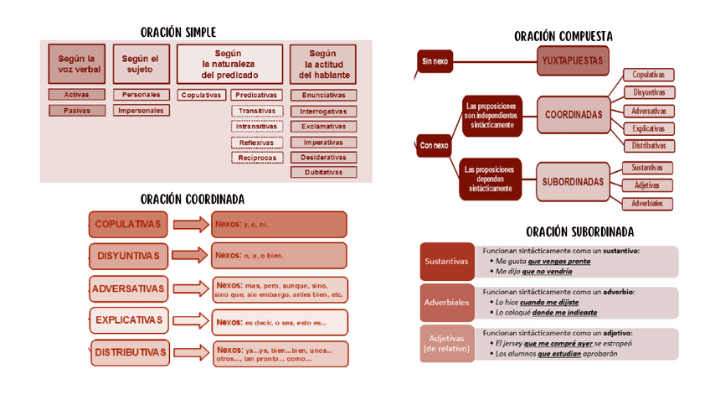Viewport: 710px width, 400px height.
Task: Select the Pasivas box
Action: (77, 110)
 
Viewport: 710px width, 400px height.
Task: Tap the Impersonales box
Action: (140, 110)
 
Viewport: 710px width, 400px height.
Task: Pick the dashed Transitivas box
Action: (257, 111)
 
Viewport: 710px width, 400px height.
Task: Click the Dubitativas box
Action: (323, 173)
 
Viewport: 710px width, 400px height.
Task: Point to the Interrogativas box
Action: (323, 111)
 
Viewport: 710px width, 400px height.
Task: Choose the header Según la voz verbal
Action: (77, 64)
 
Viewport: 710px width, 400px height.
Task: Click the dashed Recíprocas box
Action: (257, 158)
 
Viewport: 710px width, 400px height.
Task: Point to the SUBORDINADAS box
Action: (573, 181)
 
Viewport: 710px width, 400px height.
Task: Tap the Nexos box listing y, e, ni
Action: (280, 225)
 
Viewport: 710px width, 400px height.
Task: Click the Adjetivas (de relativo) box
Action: (445, 344)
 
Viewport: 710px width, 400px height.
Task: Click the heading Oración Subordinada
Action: (579, 231)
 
